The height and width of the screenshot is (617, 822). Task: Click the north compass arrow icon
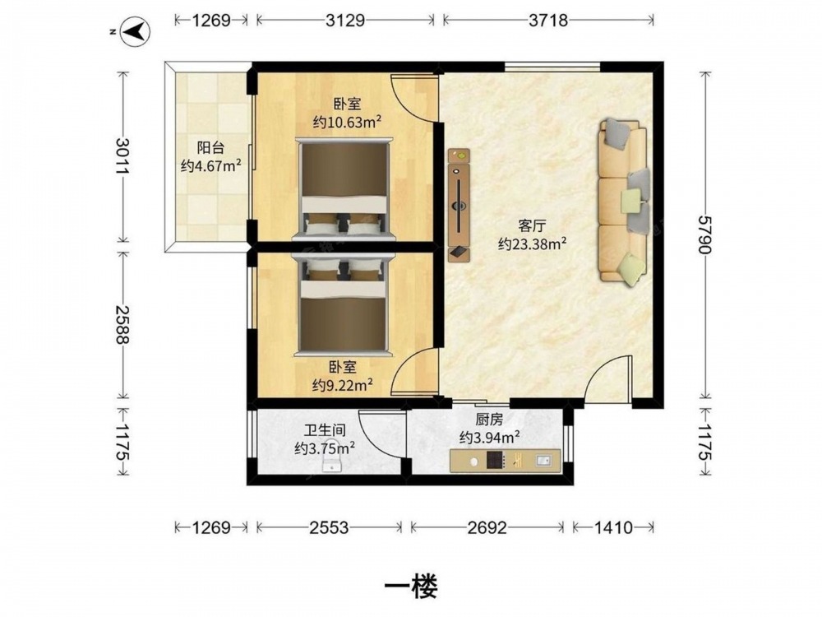point(136,31)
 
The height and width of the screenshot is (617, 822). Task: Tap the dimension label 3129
point(345,20)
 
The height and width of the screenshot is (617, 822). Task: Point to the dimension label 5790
point(705,234)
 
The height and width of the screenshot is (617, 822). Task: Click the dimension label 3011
point(123,156)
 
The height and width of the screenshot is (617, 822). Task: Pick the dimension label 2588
point(123,325)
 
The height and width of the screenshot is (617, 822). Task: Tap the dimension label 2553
point(329,527)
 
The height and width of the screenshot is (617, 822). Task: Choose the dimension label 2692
point(487,527)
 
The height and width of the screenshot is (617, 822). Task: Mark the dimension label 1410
point(613,527)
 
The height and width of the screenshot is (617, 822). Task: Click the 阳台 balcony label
point(210,147)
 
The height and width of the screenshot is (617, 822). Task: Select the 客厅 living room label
point(532,226)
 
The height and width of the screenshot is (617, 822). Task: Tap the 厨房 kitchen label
point(490,420)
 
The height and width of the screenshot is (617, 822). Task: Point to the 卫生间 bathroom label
point(325,431)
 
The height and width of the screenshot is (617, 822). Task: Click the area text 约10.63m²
point(347,123)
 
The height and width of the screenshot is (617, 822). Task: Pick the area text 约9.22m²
point(343,386)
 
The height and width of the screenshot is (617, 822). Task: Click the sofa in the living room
point(624,202)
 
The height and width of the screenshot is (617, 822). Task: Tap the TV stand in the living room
point(459,205)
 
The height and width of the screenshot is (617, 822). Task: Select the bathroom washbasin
point(331,462)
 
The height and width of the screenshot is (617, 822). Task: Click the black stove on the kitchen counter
point(495,460)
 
